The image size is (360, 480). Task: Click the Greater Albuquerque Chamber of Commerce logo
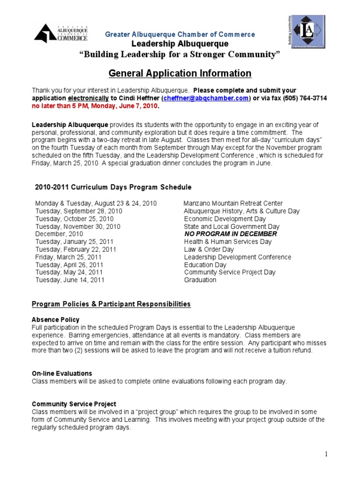pos(61,34)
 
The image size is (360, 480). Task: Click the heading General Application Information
pos(180,74)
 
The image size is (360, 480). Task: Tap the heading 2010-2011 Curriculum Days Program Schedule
pos(113,187)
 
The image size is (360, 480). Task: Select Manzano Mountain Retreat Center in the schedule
pos(233,203)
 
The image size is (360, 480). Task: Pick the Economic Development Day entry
pos(225,219)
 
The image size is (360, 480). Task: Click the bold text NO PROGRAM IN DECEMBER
pos(230,234)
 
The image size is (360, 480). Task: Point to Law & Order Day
pos(210,249)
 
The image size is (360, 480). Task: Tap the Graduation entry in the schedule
pos(200,280)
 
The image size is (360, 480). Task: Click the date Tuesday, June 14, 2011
pos(70,280)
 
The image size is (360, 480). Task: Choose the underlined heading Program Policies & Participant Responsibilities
pos(111,304)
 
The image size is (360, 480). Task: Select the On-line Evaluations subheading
pos(62,374)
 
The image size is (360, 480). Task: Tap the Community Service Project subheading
pos(74,404)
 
